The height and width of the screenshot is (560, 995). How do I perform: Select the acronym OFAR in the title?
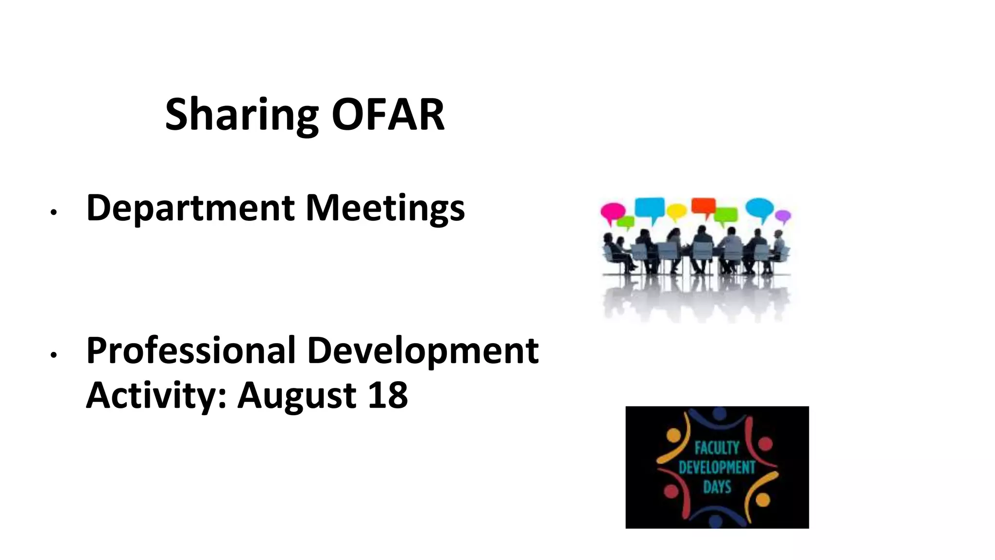[x=388, y=115]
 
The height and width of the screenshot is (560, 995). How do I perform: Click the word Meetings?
[x=385, y=208]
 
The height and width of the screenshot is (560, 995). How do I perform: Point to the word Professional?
[x=190, y=350]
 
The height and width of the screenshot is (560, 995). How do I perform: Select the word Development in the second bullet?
[x=423, y=350]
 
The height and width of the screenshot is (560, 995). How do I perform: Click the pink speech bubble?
[x=612, y=210]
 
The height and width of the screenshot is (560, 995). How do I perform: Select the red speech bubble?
[x=703, y=205]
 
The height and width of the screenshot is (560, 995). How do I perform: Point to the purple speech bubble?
[x=782, y=215]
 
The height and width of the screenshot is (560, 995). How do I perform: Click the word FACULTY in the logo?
[x=717, y=448]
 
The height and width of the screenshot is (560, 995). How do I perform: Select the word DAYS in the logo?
[x=717, y=487]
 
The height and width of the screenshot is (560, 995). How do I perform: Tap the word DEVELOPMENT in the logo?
[x=717, y=468]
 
